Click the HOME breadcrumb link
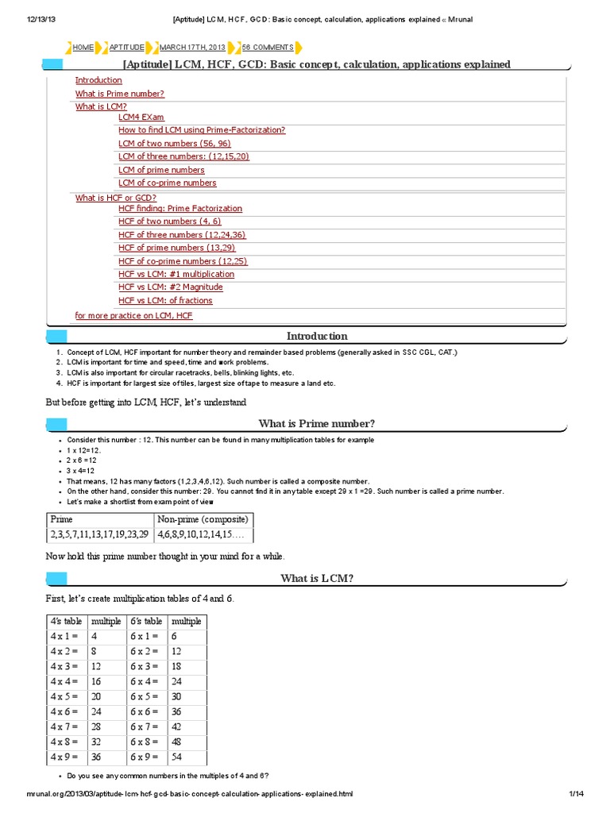click(x=83, y=48)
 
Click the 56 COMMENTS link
click(x=268, y=48)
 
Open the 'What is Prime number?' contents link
click(x=120, y=94)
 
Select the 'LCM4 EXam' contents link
click(x=141, y=118)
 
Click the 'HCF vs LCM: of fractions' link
click(x=165, y=300)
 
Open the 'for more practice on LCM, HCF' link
click(x=133, y=315)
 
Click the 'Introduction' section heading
click(x=317, y=337)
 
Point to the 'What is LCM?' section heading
click(x=317, y=578)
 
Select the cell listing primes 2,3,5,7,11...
click(x=99, y=536)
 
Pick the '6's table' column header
click(x=147, y=621)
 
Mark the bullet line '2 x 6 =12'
click(x=83, y=460)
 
